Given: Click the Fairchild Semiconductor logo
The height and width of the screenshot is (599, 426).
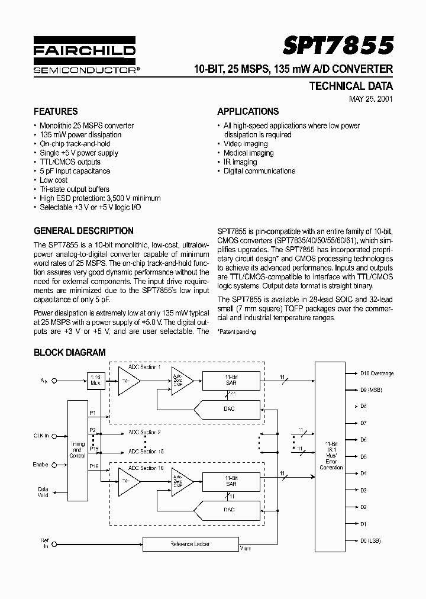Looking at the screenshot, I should pyautogui.click(x=85, y=58).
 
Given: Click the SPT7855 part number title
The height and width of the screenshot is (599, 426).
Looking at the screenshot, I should pyautogui.click(x=338, y=45).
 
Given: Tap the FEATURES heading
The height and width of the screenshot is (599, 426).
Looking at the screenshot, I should pyautogui.click(x=56, y=111).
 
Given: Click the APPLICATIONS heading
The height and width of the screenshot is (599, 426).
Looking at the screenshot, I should pyautogui.click(x=248, y=111).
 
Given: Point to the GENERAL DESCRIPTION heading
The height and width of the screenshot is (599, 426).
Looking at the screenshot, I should pyautogui.click(x=83, y=231).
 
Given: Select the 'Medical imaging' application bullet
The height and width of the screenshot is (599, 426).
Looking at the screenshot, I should pyautogui.click(x=248, y=153).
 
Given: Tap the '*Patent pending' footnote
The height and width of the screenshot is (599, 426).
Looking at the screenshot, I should pyautogui.click(x=236, y=332).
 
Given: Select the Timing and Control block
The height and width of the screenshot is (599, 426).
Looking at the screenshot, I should pyautogui.click(x=77, y=450).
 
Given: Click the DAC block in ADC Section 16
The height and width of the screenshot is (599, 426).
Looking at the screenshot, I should pyautogui.click(x=228, y=510).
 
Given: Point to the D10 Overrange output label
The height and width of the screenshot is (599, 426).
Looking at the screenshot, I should pyautogui.click(x=376, y=373).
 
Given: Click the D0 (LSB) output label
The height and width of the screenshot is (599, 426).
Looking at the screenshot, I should pyautogui.click(x=370, y=541).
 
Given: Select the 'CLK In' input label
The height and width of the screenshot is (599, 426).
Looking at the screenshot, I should pyautogui.click(x=41, y=436).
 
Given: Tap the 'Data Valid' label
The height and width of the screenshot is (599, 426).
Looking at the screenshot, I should pyautogui.click(x=43, y=492).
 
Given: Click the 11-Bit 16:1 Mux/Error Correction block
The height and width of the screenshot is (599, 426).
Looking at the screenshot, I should pyautogui.click(x=331, y=455).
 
